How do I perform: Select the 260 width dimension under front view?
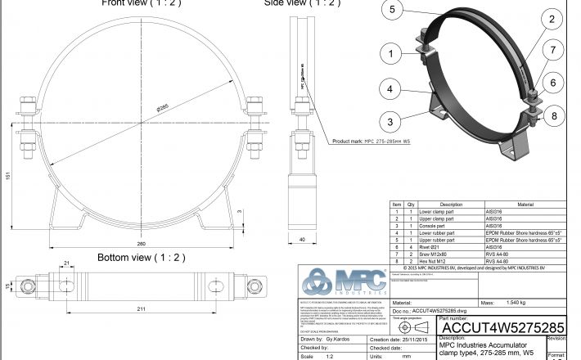pyautogui.click(x=142, y=243)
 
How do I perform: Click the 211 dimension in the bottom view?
pyautogui.click(x=142, y=309)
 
